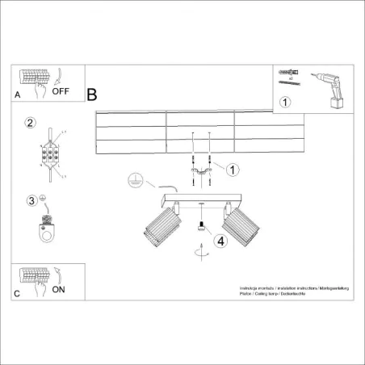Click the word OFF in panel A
tap(61, 91)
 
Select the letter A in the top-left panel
tap(18, 94)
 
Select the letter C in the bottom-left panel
tap(18, 292)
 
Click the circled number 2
tap(31, 123)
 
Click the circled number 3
tap(31, 199)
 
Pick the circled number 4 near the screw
tap(218, 239)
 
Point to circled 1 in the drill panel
tap(284, 102)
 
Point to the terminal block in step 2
tap(51, 153)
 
